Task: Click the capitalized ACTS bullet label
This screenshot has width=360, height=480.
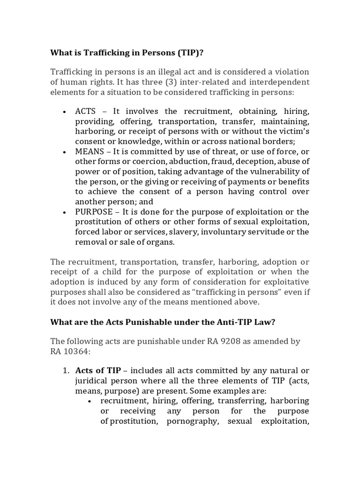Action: point(85,111)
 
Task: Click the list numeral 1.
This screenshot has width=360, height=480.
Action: point(66,371)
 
